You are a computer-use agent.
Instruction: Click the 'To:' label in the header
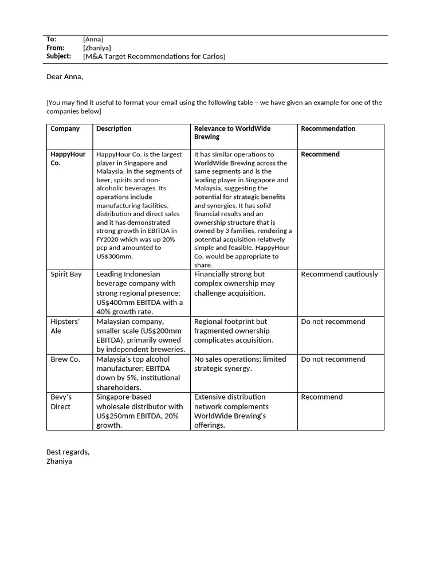click(51, 39)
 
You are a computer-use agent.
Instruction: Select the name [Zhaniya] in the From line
click(97, 48)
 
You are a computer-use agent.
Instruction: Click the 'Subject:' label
click(58, 56)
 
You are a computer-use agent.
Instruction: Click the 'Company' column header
click(65, 129)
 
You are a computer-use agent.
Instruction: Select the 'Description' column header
click(113, 129)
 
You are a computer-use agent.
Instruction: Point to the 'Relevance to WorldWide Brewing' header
click(232, 133)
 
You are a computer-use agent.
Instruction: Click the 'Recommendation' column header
click(328, 129)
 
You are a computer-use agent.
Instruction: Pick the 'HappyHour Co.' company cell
click(68, 159)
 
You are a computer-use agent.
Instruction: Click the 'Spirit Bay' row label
click(66, 275)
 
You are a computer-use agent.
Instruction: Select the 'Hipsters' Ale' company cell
click(64, 326)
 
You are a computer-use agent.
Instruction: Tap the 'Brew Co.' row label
click(65, 359)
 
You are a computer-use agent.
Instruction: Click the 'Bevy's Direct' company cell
click(61, 402)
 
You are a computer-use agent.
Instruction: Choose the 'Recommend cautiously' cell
click(339, 275)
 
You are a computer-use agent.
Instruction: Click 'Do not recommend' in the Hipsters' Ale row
click(333, 322)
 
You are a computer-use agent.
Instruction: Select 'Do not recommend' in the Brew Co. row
click(333, 359)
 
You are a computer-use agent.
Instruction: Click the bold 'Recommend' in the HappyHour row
click(320, 155)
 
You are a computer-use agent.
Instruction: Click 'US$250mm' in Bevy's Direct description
click(115, 416)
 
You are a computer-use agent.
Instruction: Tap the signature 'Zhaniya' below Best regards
click(59, 461)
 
